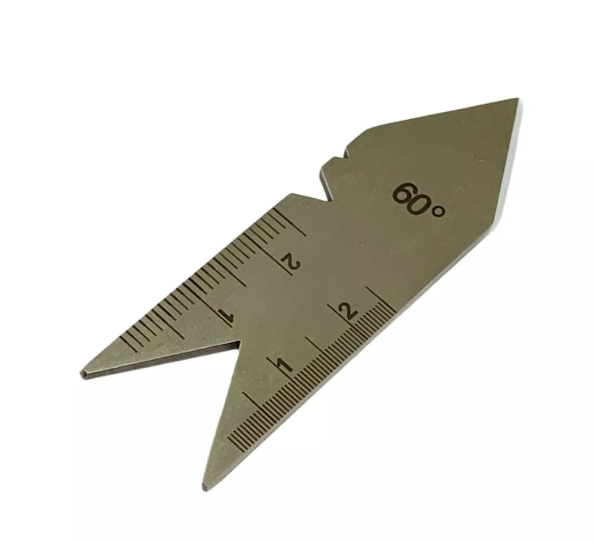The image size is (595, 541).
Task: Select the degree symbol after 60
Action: [x=438, y=212]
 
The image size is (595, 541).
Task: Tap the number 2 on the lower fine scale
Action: [x=349, y=311]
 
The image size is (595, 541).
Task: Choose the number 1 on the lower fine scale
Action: [x=285, y=365]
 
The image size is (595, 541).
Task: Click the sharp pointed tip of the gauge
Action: [x=518, y=99]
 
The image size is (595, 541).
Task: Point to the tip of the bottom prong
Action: [x=205, y=488]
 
